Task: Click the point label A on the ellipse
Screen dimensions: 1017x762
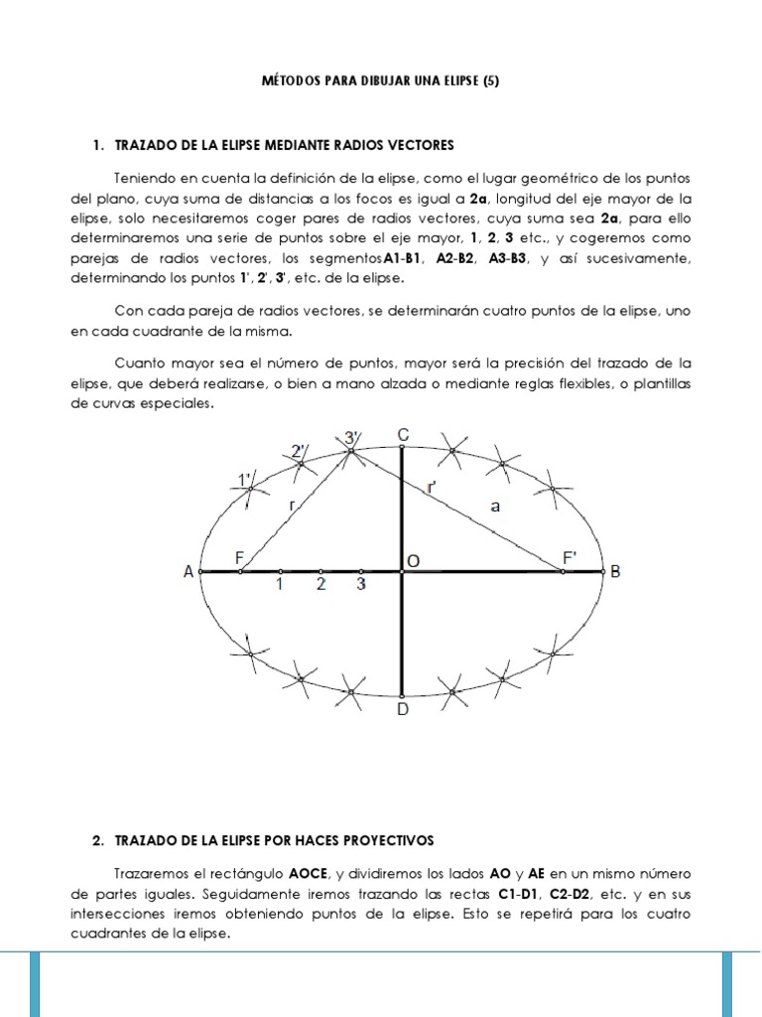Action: [x=189, y=572]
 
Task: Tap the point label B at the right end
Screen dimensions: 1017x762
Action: [x=615, y=572]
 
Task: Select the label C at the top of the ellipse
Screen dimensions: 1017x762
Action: [x=402, y=434]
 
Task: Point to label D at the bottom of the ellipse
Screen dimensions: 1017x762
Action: [x=402, y=710]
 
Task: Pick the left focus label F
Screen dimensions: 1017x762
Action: [x=239, y=559]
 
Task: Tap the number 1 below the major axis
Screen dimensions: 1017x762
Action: [x=280, y=585]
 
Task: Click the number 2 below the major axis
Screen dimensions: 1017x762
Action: [x=320, y=585]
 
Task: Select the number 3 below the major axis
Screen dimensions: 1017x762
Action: [x=361, y=585]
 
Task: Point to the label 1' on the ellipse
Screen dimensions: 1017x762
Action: [x=244, y=481]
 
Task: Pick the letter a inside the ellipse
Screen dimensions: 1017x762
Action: [x=495, y=507]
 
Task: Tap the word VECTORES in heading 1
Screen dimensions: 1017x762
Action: [x=419, y=145]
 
